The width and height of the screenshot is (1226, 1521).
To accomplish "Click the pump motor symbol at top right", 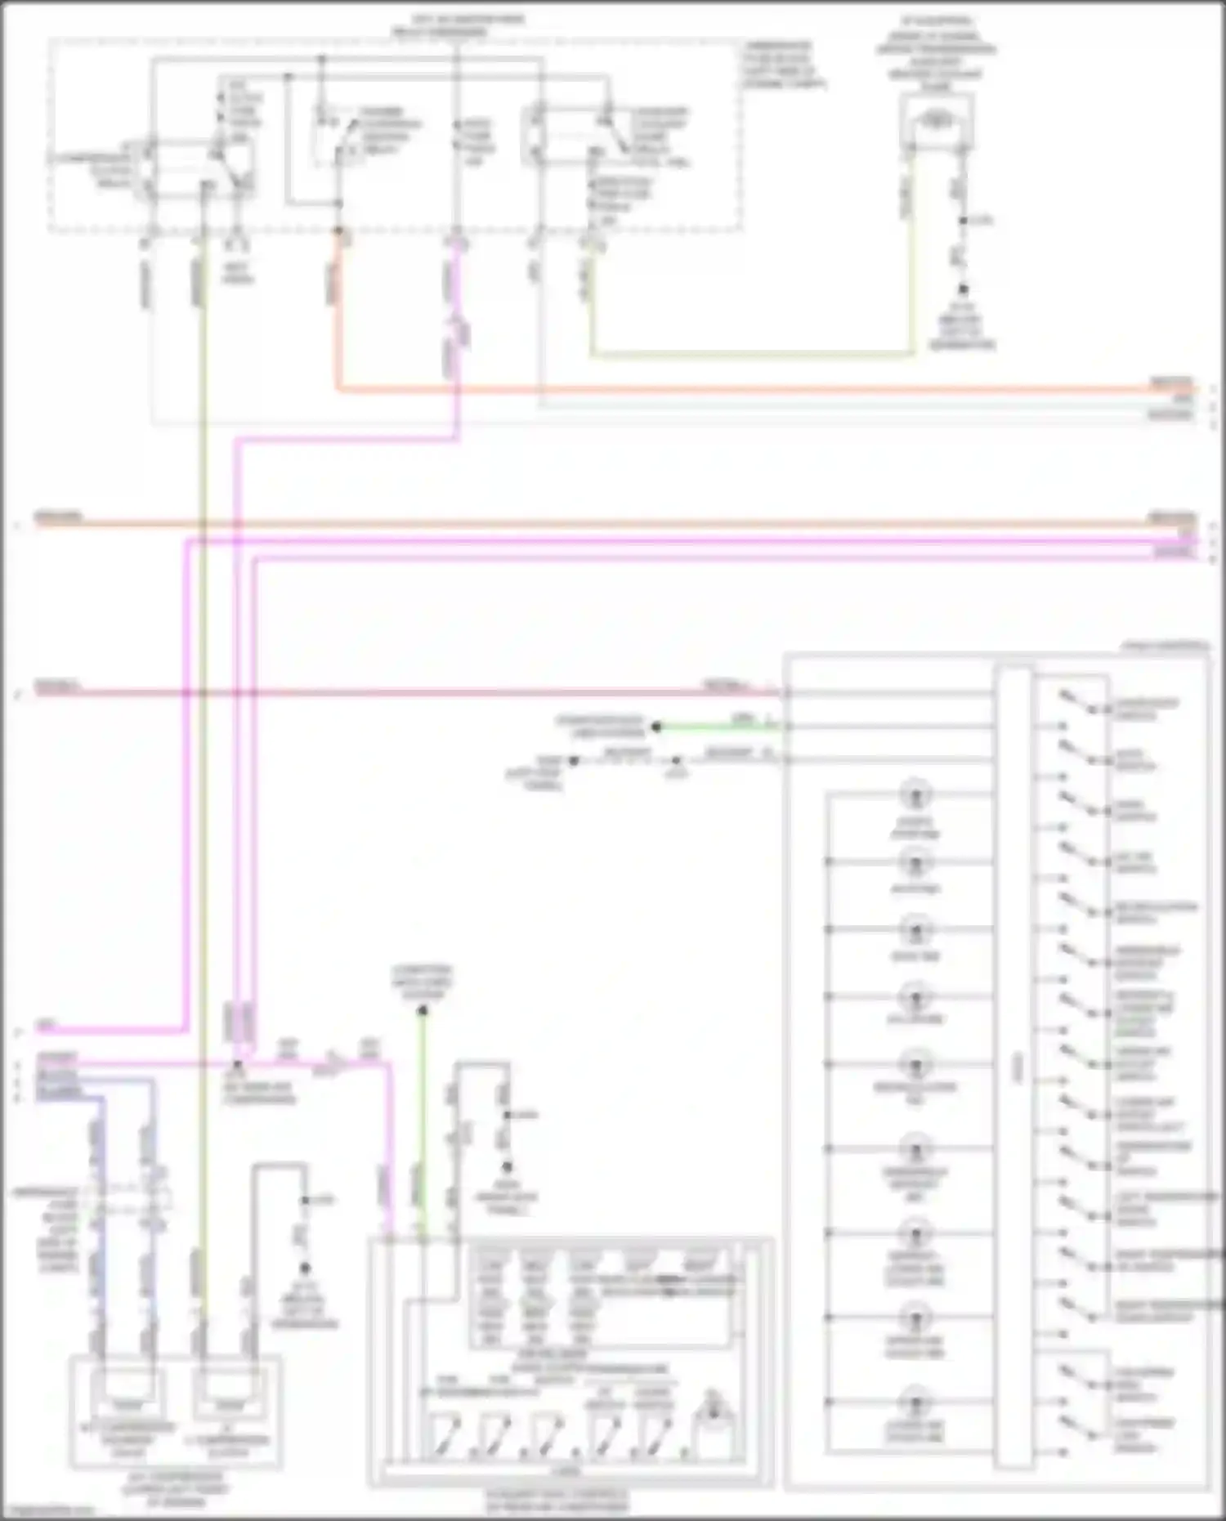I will click(937, 122).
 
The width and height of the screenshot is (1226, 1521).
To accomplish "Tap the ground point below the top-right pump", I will click(963, 290).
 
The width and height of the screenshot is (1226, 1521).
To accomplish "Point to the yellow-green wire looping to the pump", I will click(752, 355).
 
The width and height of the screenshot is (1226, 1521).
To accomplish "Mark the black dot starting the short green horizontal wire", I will click(656, 726).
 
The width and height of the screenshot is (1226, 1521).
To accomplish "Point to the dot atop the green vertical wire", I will click(423, 1011).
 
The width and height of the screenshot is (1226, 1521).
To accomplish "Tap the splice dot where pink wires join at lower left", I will click(238, 1065).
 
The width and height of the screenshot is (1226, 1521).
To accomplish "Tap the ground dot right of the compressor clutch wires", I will click(306, 1268).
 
